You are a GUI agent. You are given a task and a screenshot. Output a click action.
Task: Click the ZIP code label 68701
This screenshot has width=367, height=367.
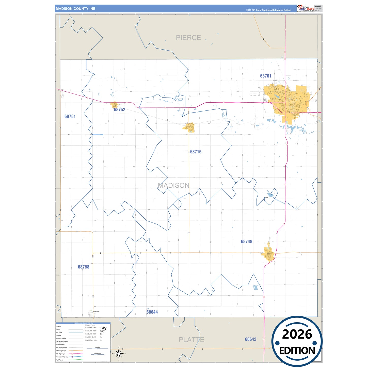pos(265,76)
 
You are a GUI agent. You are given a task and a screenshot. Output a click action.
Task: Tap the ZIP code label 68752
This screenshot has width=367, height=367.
pos(119,110)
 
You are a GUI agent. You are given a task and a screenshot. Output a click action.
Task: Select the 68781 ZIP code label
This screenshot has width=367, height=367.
pos(70,116)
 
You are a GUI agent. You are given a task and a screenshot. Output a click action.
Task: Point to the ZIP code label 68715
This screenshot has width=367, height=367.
pos(196,152)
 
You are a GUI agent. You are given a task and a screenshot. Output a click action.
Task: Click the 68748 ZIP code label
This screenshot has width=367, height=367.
pos(246,242)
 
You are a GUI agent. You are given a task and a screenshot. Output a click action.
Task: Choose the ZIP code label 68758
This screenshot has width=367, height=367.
pos(84,267)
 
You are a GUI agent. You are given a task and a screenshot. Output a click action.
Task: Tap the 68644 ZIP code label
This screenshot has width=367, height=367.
pos(152,312)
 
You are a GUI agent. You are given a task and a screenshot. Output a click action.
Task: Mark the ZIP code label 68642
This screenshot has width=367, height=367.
pos(250,339)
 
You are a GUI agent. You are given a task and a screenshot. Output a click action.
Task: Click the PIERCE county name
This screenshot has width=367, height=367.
pos(188,38)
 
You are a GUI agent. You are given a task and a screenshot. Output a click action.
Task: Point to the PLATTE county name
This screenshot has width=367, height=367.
pos(191,340)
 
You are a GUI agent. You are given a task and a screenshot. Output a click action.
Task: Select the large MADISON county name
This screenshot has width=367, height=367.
pos(173,185)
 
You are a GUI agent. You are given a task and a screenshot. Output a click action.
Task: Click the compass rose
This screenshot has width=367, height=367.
pos(119,353)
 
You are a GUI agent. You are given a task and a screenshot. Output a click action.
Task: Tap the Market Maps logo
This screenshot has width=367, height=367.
pos(305,8)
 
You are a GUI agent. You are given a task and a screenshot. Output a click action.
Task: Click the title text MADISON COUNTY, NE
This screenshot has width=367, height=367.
pos(75,9)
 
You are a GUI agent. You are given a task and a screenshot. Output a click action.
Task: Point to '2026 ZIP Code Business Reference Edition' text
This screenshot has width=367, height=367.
pos(268,10)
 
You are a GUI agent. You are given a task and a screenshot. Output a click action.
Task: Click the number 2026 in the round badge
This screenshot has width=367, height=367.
pos(297,334)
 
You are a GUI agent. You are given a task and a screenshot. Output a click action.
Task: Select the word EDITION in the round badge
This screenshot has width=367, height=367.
pos(297,351)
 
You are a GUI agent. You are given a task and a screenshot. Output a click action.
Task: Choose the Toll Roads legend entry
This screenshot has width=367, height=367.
pos(60,360)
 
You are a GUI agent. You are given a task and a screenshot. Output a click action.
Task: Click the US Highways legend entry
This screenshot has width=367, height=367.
pos(60,354)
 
